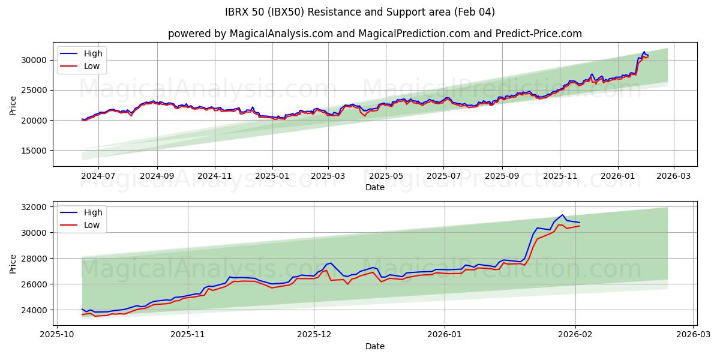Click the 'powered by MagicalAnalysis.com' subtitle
click(x=374, y=34)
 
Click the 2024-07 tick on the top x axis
click(x=98, y=176)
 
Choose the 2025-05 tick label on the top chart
click(x=385, y=176)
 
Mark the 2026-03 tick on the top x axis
click(x=673, y=176)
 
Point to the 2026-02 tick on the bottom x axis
click(x=575, y=335)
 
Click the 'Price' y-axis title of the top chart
click(x=13, y=104)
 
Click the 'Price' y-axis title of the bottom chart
click(x=13, y=263)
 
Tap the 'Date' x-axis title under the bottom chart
click(x=374, y=346)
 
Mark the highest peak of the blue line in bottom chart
click(x=562, y=215)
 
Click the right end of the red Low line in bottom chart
click(x=580, y=226)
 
